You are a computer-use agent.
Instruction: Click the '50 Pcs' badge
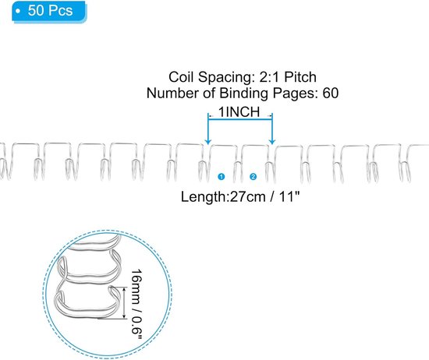click(x=44, y=12)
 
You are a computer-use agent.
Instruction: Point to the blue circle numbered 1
click(x=222, y=176)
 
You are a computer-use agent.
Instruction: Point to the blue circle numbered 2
click(x=253, y=176)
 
